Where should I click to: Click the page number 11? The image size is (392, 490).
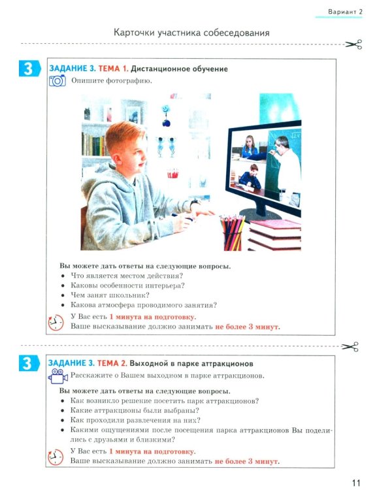pos(356,483)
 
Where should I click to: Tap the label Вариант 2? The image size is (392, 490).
pos(345,12)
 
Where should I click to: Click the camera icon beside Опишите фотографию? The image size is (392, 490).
pos(57,80)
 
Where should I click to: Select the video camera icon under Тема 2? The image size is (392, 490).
pos(58,376)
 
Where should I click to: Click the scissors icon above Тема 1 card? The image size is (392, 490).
pos(353,44)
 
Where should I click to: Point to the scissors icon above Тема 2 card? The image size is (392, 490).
pos(350,346)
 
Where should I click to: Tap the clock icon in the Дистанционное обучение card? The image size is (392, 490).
pos(56,323)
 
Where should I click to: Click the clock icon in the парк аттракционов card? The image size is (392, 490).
pos(56,457)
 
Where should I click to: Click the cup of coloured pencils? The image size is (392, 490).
pos(233,233)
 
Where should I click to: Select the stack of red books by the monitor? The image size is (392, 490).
pos(274,235)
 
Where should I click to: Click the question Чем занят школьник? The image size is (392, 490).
pos(110,295)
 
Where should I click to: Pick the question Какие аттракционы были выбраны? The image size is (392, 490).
pos(135,410)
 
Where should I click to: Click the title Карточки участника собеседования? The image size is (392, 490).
pos(191,33)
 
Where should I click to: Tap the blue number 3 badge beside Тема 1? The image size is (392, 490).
pos(29,69)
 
